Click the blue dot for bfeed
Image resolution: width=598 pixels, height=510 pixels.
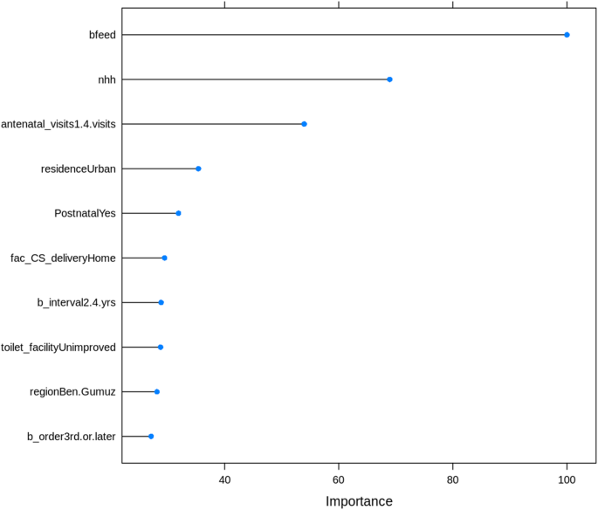tap(567, 35)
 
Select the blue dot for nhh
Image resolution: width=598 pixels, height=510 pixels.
tap(389, 79)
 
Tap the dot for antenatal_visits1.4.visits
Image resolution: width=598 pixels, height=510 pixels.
tap(304, 124)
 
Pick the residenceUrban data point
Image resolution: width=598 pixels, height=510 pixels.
tap(198, 169)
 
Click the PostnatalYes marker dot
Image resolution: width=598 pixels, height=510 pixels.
tap(178, 213)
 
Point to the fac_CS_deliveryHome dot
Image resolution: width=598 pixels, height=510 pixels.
tap(164, 258)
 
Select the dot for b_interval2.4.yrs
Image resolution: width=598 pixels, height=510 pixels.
tap(161, 302)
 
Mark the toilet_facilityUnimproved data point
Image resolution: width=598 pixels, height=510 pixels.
tap(161, 347)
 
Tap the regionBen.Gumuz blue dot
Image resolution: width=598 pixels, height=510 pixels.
tap(157, 391)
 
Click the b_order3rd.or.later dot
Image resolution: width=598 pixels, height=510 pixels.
tap(151, 436)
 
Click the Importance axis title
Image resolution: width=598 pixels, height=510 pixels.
tap(359, 501)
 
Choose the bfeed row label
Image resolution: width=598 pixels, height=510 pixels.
tap(101, 35)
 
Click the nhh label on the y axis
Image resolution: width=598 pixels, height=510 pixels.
tap(107, 79)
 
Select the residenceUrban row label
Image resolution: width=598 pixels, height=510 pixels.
tap(79, 169)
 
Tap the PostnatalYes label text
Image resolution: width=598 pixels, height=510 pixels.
tap(86, 213)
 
